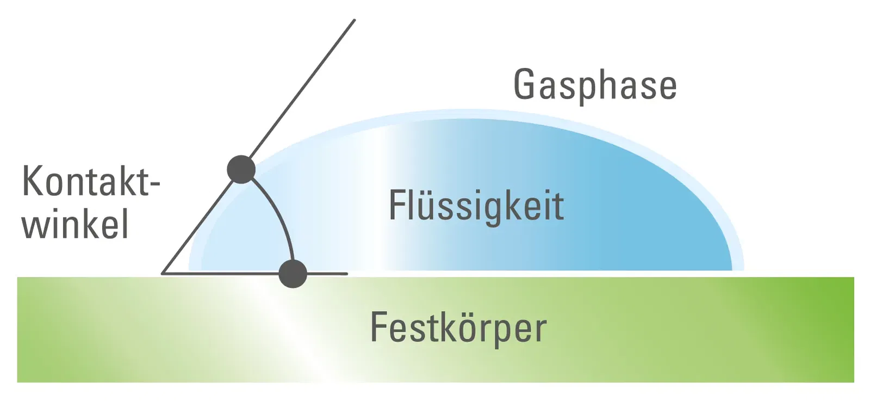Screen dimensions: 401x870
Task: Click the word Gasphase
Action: (x=595, y=85)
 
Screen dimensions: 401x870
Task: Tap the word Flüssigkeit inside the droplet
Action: (x=476, y=206)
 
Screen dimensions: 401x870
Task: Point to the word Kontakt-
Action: (x=90, y=181)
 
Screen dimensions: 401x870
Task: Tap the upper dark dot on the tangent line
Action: (x=241, y=169)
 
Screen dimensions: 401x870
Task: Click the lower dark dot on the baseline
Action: (x=293, y=273)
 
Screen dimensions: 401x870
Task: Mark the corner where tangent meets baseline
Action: (x=163, y=273)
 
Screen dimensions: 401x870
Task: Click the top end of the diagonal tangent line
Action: (x=354, y=21)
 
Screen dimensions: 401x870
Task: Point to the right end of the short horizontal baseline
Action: (x=346, y=273)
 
